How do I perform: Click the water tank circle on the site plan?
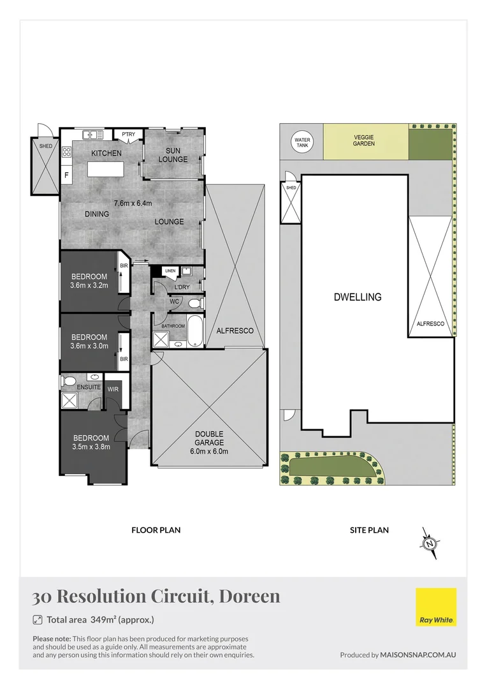click(x=302, y=142)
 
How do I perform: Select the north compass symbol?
click(x=430, y=544)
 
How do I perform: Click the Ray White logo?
click(x=436, y=607)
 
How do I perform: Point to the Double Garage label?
click(x=210, y=438)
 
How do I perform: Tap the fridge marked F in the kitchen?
click(x=66, y=175)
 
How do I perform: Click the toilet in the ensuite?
click(x=69, y=381)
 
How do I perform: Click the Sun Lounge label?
click(x=173, y=154)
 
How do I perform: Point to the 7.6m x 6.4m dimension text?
click(x=133, y=203)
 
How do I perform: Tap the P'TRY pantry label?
click(x=129, y=134)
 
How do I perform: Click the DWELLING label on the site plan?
click(x=357, y=297)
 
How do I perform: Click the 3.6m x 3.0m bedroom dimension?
click(x=89, y=346)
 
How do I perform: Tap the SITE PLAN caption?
click(x=370, y=530)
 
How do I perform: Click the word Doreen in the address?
click(x=249, y=596)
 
